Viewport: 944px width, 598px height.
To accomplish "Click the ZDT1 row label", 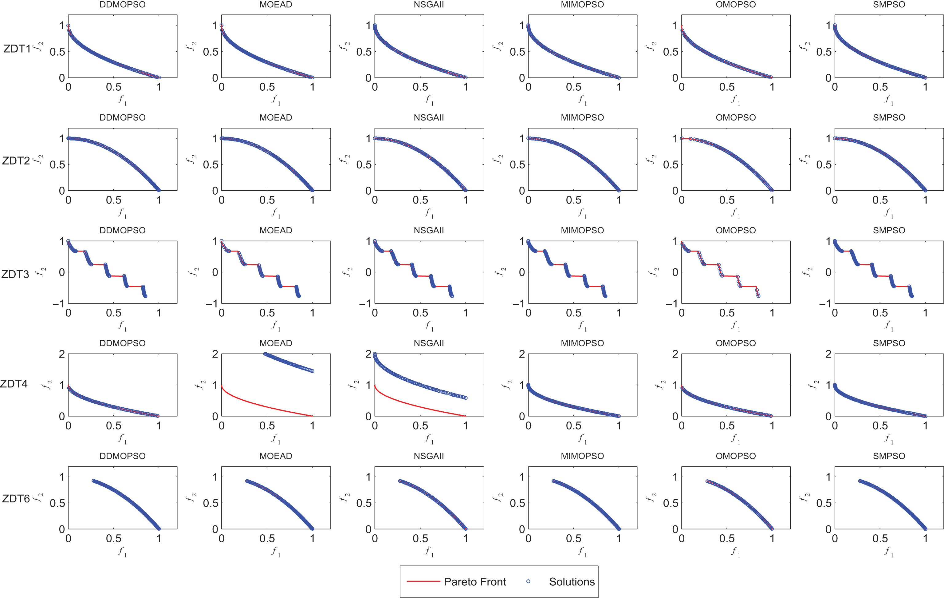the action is pos(17,49).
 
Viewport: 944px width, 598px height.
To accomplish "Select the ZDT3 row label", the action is pos(15,275).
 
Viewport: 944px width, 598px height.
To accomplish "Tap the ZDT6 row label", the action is pos(16,499).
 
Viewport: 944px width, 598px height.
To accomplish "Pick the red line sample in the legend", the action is pos(423,581).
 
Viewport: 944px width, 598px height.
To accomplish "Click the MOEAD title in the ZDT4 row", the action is pos(276,343).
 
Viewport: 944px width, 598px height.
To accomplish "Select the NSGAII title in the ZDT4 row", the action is pos(429,343).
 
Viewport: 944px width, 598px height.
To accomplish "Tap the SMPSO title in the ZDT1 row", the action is pos(889,5).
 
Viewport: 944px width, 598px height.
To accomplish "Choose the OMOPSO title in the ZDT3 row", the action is pos(735,230).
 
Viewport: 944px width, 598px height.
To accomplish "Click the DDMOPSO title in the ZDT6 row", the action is pos(122,456).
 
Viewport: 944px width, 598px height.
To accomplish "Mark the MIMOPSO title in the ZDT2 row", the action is pos(582,118).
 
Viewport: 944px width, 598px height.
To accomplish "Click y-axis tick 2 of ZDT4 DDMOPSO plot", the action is pos(62,354).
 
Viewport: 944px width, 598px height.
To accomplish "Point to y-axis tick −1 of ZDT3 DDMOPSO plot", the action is pos(59,303).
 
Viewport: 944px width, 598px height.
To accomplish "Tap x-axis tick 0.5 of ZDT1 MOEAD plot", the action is pos(267,87).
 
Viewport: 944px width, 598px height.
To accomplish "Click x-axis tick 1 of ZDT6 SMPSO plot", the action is pos(925,538).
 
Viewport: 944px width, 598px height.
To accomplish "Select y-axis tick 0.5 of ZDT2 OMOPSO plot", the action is pos(671,165).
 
